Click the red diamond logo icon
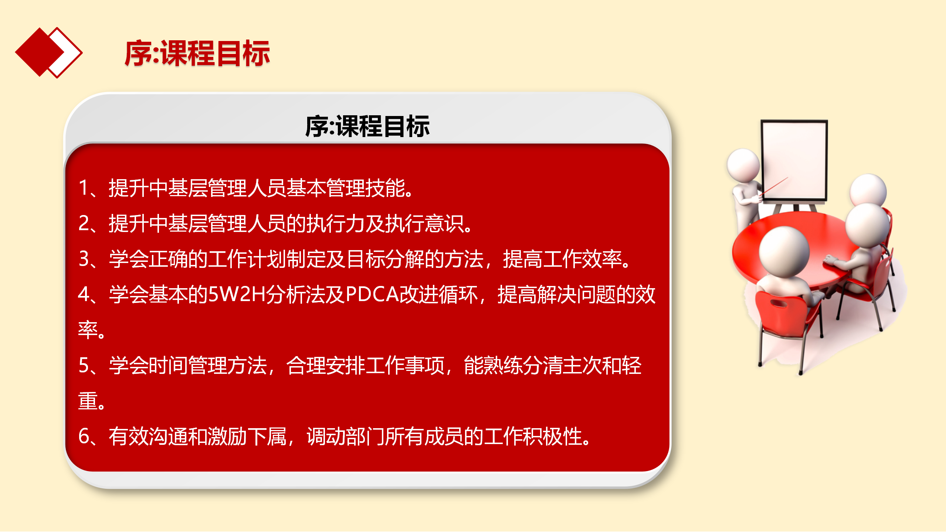pyautogui.click(x=48, y=52)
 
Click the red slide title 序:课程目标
pyautogui.click(x=197, y=54)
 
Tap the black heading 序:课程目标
pyautogui.click(x=367, y=126)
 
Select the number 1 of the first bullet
pyautogui.click(x=84, y=188)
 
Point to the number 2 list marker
pyautogui.click(x=84, y=223)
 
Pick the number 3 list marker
pyautogui.click(x=84, y=259)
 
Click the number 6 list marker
pyautogui.click(x=84, y=436)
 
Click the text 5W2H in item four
pyautogui.click(x=237, y=294)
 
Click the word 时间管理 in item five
pyautogui.click(x=187, y=365)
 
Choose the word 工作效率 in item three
pyautogui.click(x=581, y=259)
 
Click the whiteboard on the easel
pyautogui.click(x=794, y=161)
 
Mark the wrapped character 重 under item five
pyautogui.click(x=88, y=401)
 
